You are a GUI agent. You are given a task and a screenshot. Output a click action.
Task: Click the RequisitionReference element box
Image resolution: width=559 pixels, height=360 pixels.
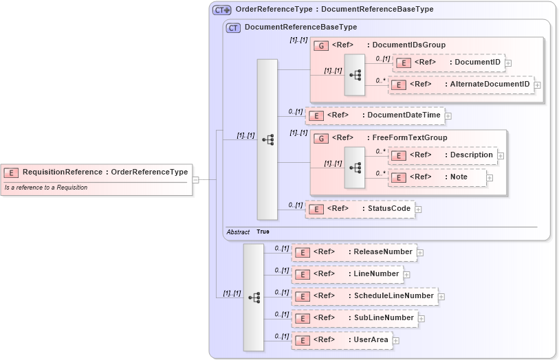96,172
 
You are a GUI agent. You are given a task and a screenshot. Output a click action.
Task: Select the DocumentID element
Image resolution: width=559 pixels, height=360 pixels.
448,63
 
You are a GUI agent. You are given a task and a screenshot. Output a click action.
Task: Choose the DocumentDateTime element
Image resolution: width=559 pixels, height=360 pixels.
375,115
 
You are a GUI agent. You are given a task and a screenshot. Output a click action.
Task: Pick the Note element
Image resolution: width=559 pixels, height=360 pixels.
437,177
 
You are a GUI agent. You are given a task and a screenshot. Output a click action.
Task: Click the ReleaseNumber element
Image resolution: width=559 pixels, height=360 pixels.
354,252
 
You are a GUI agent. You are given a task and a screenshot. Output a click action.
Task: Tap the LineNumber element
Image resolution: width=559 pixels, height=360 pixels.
347,274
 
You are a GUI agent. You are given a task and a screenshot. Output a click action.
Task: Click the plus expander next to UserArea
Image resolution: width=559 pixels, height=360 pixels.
396,341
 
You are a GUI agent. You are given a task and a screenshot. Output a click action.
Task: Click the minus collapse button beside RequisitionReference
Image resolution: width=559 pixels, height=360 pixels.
196,180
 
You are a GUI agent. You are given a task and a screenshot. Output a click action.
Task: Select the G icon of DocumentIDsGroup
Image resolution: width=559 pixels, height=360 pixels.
320,45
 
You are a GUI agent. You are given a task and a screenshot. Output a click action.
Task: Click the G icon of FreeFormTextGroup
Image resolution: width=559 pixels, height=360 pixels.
320,138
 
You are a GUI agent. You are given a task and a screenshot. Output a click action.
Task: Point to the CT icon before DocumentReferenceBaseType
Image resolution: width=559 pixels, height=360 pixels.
233,27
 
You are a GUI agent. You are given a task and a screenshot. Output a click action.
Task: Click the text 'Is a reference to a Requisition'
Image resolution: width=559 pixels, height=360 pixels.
46,188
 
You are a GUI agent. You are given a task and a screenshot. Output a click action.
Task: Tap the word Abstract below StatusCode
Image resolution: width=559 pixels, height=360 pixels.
238,232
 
